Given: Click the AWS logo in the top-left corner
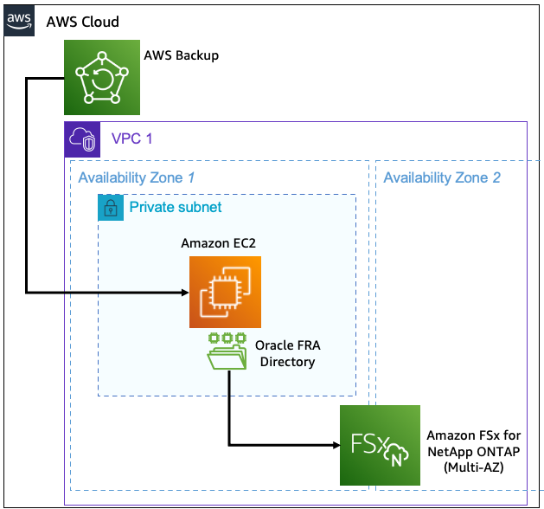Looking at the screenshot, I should coord(18,22).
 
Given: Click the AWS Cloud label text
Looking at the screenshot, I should coord(83,22).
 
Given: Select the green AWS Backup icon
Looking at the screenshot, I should coord(102,77).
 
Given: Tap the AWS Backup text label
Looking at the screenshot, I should coord(181,55).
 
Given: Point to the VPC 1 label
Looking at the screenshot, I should coord(131,139).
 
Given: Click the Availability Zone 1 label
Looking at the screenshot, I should coord(136,178).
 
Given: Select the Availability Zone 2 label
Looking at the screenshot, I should coord(441,178).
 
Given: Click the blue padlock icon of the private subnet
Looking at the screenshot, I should coord(110,208).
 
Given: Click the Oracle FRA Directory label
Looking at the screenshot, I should coord(287,353).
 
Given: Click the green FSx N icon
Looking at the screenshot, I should coord(380,445).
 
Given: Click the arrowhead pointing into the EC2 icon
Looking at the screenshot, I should coord(183,293).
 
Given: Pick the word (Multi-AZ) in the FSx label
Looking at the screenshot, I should coord(472,467).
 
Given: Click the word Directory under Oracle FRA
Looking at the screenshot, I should coord(287,362).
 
